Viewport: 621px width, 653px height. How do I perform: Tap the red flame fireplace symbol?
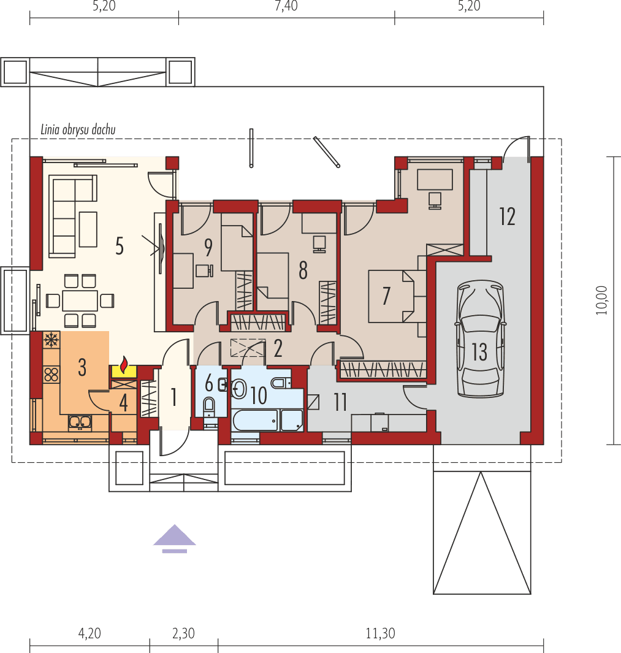[x=124, y=366]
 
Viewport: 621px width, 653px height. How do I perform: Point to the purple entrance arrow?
[x=175, y=537]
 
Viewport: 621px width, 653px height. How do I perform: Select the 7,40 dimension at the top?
[x=286, y=7]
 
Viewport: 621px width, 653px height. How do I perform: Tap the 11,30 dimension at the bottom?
[x=380, y=633]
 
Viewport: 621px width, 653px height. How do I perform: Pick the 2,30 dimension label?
[x=183, y=633]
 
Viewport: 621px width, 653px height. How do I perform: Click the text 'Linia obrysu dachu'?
[x=78, y=129]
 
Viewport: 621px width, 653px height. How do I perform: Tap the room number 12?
[x=507, y=216]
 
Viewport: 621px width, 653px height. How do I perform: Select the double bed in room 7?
[x=391, y=296]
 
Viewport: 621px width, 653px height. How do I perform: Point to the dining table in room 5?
[x=80, y=300]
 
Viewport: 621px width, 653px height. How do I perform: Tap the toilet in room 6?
[x=208, y=405]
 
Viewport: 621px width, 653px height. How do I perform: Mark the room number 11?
[x=340, y=402]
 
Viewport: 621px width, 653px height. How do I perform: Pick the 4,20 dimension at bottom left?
[x=90, y=633]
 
